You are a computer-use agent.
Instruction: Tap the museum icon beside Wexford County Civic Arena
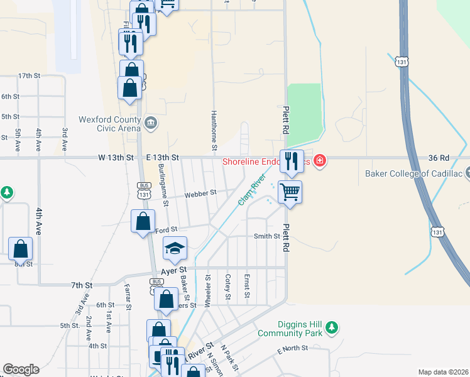click(x=151, y=123)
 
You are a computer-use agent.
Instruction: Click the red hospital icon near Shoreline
click(x=320, y=161)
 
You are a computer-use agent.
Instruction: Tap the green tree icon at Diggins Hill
click(x=332, y=327)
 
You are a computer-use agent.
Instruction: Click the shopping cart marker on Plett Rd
click(x=290, y=192)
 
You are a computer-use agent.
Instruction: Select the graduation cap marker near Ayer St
click(x=175, y=248)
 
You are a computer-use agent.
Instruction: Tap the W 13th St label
click(x=118, y=157)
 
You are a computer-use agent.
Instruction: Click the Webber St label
click(x=200, y=193)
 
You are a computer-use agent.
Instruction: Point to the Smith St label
click(x=266, y=236)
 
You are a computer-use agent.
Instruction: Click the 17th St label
click(x=29, y=75)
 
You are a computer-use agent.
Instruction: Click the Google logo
click(x=21, y=369)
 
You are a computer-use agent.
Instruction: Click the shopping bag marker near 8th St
click(x=21, y=249)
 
